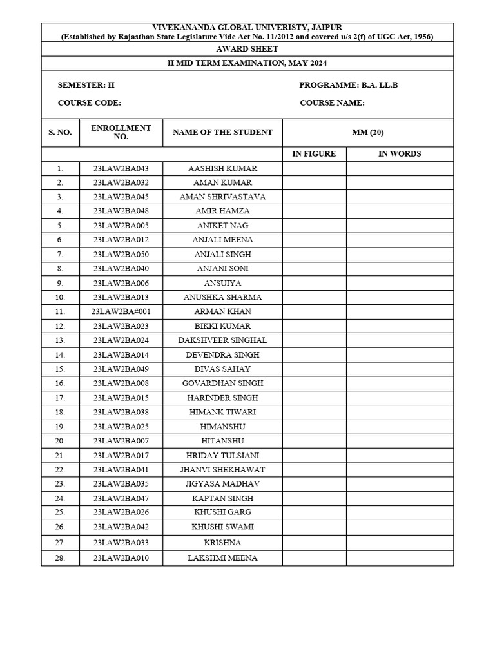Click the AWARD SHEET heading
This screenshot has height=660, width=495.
point(247,48)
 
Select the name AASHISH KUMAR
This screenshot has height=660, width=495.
point(222,168)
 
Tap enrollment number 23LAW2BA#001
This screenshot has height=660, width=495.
point(121,311)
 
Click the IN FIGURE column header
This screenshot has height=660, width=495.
point(314,154)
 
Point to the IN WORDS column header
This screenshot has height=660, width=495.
point(400,154)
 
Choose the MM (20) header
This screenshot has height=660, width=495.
point(368,132)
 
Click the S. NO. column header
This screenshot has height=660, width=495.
point(60,132)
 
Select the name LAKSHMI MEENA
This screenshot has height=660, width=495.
point(222,558)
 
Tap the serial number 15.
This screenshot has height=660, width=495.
point(60,369)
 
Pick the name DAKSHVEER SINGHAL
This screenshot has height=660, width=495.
point(222,340)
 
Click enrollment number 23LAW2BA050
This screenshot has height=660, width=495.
point(121,255)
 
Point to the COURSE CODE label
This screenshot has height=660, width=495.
point(90,103)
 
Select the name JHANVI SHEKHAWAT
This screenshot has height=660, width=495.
point(222,470)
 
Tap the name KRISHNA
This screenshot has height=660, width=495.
point(222,543)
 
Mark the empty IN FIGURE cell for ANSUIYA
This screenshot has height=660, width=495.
point(314,283)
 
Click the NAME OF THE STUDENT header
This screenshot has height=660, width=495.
point(222,132)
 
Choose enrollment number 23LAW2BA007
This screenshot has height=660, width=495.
point(121,441)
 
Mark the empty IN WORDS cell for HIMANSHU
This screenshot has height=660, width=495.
point(400,427)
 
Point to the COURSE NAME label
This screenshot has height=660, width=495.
point(333,103)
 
